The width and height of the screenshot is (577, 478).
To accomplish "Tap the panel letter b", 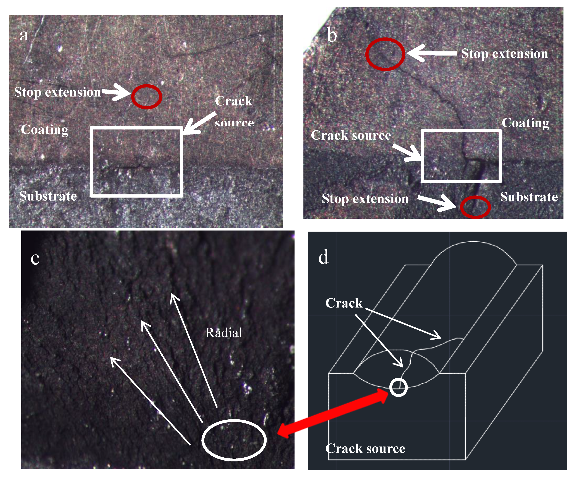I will pos(332,36).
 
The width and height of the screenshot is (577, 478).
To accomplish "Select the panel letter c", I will pos(35,258).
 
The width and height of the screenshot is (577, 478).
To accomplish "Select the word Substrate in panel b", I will pos(529,197).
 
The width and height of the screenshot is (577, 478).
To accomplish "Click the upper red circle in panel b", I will pos(385,54).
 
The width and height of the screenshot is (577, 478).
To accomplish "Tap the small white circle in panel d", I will pos(398,387).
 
